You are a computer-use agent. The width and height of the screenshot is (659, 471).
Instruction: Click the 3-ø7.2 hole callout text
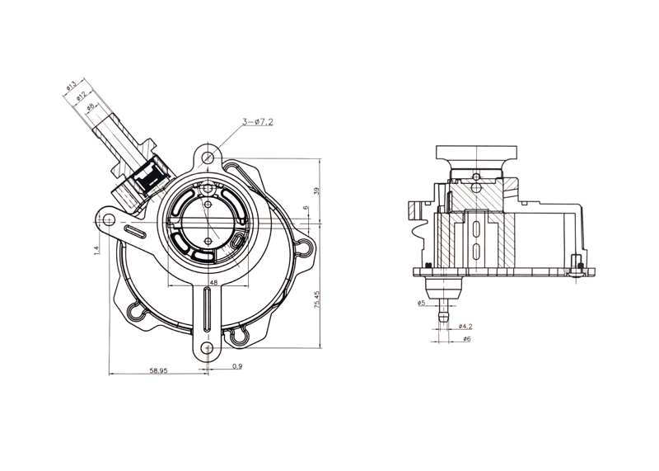point(257,122)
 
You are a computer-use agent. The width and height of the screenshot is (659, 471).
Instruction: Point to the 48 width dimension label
point(213,282)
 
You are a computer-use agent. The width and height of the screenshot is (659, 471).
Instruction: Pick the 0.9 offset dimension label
point(237,365)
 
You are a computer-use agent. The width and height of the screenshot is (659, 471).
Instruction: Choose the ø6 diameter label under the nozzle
point(465,339)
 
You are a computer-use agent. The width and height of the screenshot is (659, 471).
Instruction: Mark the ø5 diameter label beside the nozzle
point(421,303)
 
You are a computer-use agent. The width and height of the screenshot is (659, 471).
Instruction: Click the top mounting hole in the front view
point(210,156)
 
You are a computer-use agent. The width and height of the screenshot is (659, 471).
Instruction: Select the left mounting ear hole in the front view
point(107,219)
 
